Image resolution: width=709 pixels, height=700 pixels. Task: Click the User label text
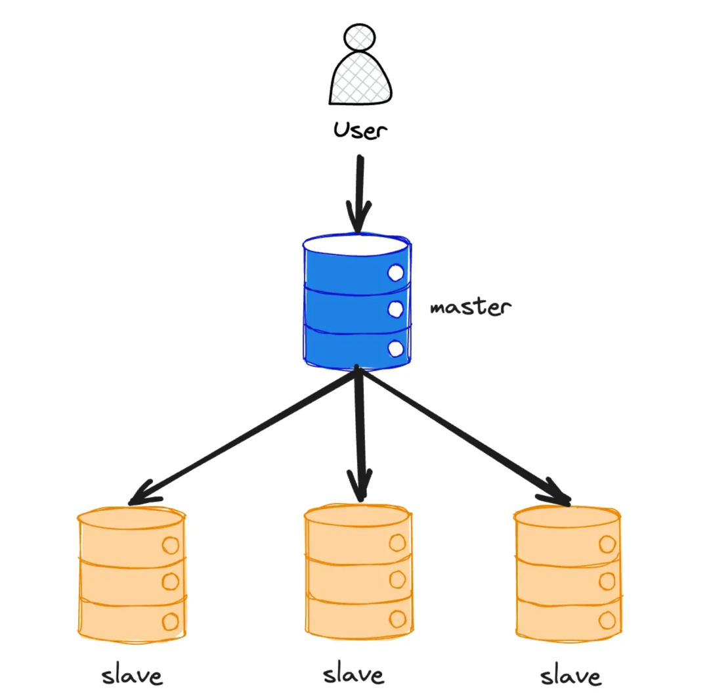(360, 130)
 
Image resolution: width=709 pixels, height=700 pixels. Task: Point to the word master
(470, 307)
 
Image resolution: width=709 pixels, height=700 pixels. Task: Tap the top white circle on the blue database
(395, 272)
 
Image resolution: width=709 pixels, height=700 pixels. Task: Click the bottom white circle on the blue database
(395, 349)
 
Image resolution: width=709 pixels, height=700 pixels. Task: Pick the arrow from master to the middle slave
(359, 433)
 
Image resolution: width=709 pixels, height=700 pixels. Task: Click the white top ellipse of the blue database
(356, 246)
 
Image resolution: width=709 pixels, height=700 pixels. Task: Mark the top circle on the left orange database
(171, 545)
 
